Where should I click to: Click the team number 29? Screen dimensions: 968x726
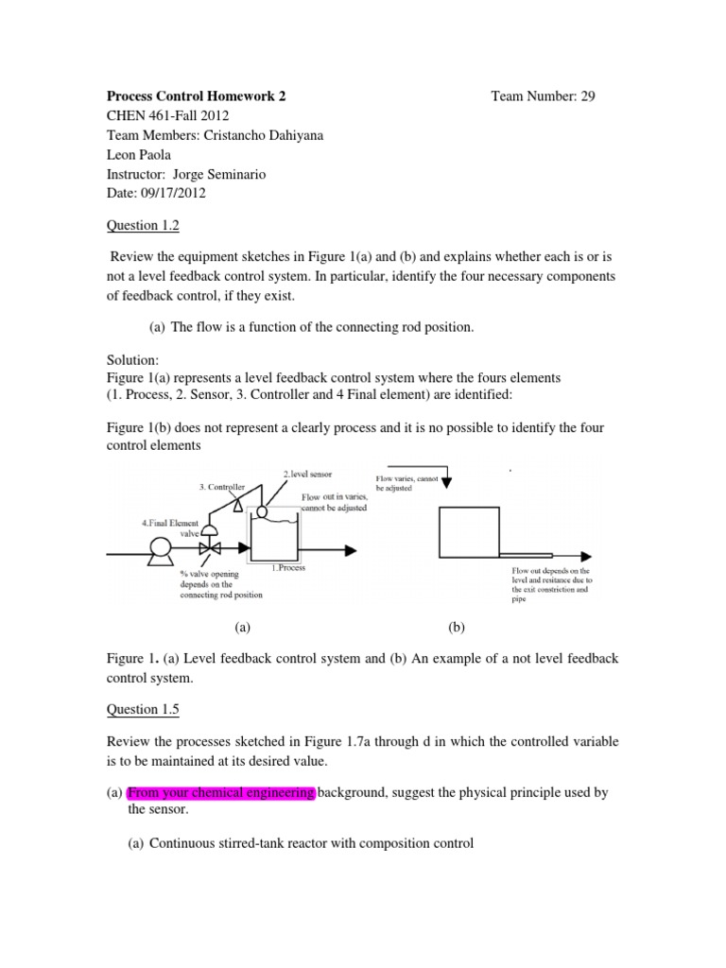(x=587, y=95)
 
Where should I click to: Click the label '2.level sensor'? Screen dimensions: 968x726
(x=309, y=473)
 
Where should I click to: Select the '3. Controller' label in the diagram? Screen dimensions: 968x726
(x=222, y=487)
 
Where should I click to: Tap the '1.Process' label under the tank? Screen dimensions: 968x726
(x=288, y=569)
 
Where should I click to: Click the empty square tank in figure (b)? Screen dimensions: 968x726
(x=468, y=533)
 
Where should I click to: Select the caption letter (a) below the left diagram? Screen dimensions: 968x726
(x=243, y=626)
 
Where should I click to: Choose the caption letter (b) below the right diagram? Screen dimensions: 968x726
(x=458, y=626)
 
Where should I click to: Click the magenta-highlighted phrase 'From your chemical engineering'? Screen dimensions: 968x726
(x=220, y=792)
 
